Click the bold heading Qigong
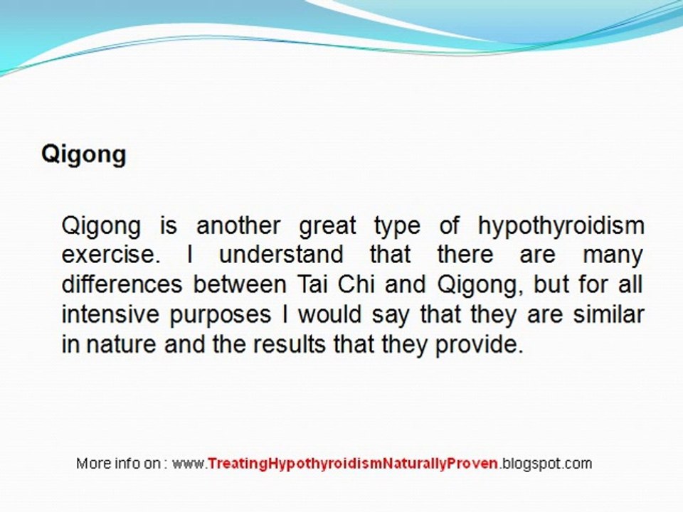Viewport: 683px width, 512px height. click(83, 154)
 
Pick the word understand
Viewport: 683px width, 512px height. click(281, 255)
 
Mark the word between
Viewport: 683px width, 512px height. click(239, 285)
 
